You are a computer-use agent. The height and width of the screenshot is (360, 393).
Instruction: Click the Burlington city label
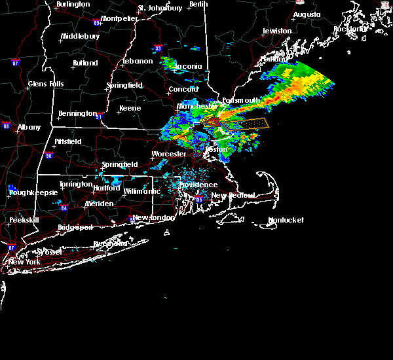[73, 5]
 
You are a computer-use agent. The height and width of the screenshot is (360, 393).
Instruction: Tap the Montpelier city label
[119, 18]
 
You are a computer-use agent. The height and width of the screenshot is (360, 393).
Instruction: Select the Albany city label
[29, 127]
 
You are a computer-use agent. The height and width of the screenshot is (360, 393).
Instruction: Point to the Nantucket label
[286, 221]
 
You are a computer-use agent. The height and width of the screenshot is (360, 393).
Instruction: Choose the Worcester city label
[169, 154]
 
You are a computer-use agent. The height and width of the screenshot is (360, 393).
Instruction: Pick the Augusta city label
[307, 14]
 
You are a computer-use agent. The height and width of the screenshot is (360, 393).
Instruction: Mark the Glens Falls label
[47, 84]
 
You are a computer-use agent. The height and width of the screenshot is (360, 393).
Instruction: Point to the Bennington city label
[77, 113]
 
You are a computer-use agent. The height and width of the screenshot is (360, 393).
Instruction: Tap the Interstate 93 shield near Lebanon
[157, 48]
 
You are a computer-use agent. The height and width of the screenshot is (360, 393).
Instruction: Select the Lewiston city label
[277, 31]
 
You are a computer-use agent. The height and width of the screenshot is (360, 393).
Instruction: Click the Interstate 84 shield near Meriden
[64, 208]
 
